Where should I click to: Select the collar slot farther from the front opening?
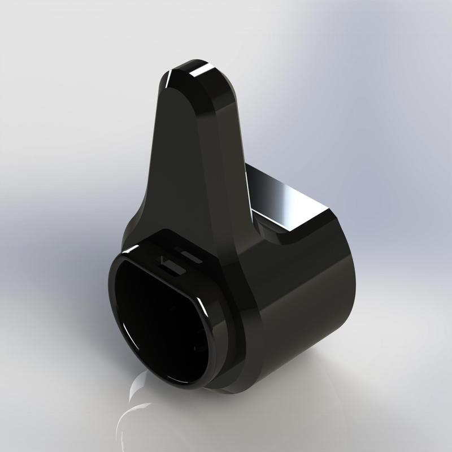tap(190, 254)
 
